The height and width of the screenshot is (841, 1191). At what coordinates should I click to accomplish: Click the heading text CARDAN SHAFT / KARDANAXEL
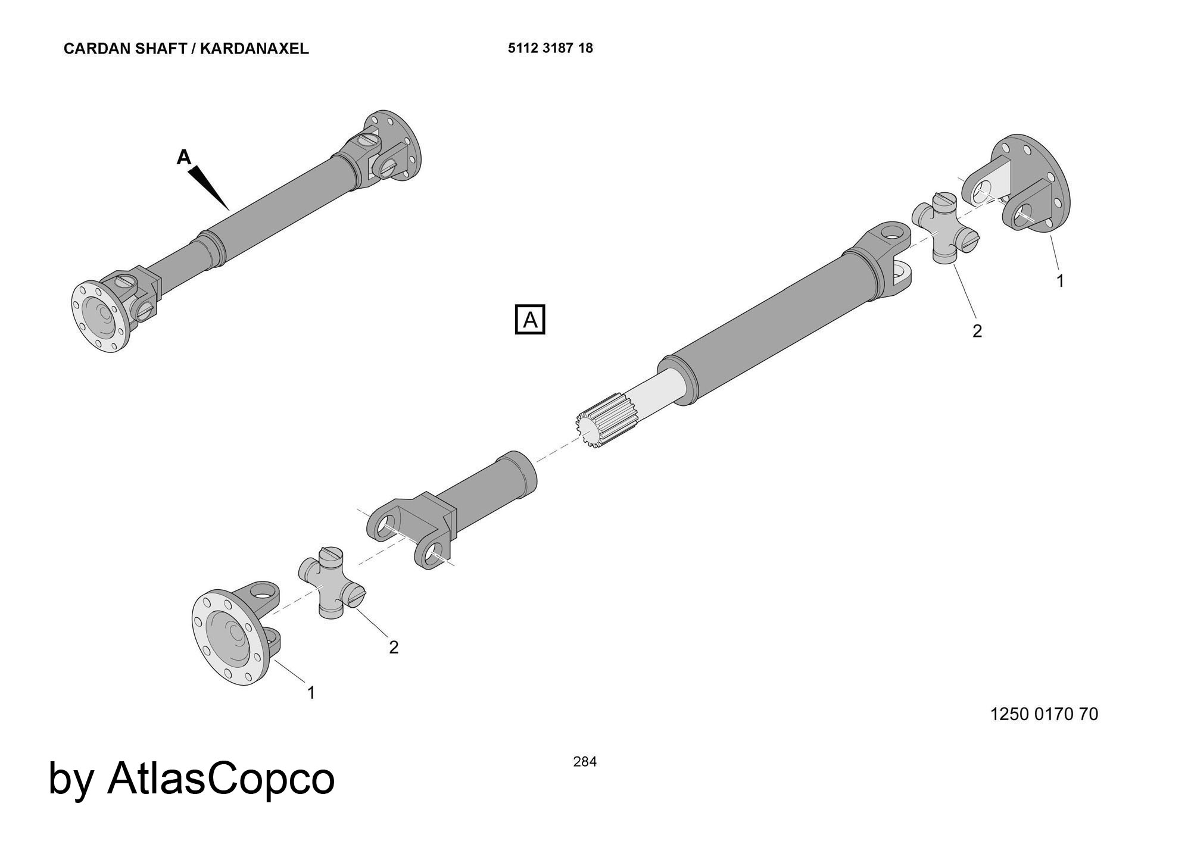point(186,49)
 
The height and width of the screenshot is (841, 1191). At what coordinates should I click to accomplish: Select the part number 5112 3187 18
point(550,48)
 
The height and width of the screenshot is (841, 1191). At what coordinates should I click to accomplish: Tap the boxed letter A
point(529,320)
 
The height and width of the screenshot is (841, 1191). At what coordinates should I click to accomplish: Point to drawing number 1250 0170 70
point(1044,714)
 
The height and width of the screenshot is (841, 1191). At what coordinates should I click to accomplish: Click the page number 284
point(584,761)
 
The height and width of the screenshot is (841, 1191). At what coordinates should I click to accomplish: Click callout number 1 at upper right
point(1060,281)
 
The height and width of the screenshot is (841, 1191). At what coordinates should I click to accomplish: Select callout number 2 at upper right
point(977,331)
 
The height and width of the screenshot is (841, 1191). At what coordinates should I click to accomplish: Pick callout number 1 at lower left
point(311,692)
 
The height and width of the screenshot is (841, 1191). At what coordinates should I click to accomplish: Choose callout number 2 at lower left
point(393,647)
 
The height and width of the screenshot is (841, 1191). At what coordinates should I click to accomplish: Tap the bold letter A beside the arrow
point(184,157)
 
